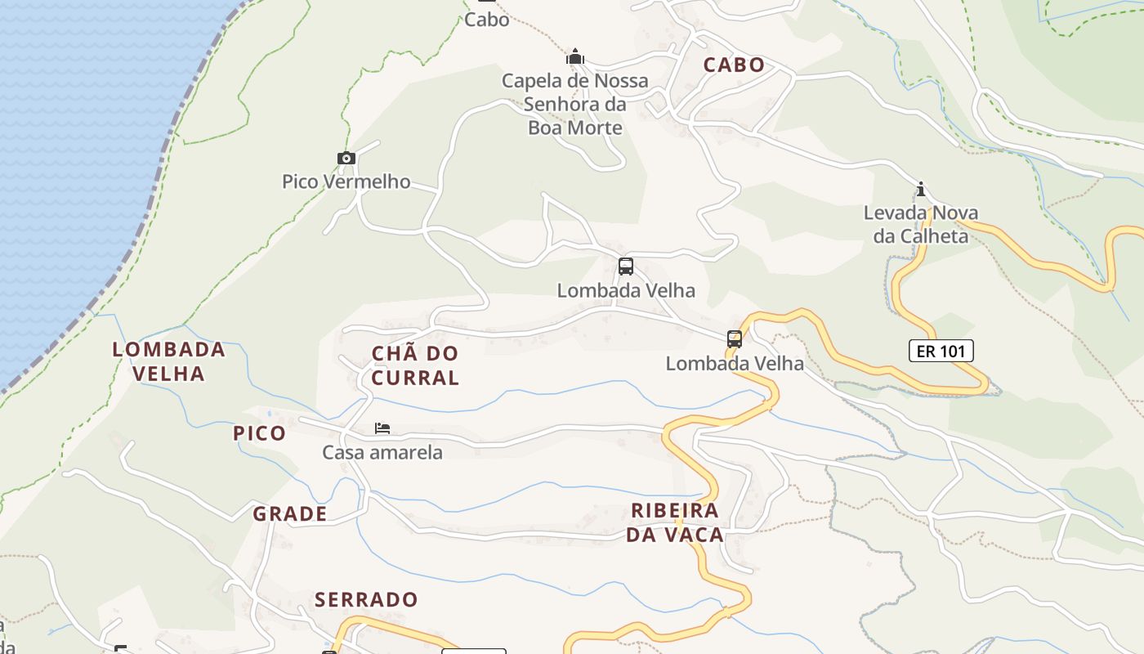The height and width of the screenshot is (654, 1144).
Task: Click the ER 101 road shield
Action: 941,352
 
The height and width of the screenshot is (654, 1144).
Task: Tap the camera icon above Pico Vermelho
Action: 346,158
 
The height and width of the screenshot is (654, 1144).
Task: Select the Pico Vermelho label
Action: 346,181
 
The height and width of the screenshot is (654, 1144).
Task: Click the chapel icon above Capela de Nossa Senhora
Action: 575,57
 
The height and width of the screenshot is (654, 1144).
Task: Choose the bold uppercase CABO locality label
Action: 734,65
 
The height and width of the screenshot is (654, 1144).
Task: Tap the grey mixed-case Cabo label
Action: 486,20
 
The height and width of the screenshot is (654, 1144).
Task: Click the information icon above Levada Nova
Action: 921,190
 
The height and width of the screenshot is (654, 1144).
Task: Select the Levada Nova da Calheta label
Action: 921,225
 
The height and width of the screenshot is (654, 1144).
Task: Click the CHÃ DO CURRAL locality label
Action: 415,365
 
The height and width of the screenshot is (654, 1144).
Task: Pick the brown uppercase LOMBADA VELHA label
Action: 169,361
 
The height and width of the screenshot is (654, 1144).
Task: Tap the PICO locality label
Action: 260,433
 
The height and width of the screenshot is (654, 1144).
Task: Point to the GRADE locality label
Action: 290,514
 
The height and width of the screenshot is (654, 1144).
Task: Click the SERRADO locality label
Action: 366,600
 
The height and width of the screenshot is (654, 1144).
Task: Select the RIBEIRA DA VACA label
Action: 677,523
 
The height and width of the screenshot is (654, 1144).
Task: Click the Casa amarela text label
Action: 382,453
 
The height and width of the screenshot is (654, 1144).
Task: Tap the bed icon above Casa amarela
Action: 382,428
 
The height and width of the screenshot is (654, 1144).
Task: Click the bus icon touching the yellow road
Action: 734,338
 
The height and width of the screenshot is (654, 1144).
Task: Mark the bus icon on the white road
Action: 625,267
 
